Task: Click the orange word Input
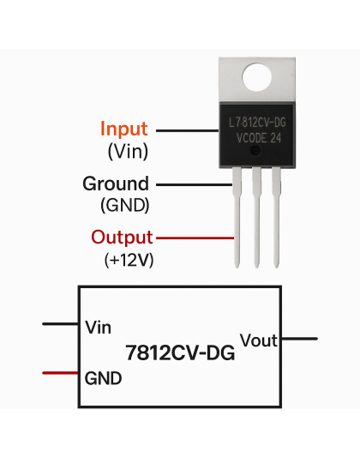point(124,130)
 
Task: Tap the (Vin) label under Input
point(128,152)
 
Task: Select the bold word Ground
point(115,184)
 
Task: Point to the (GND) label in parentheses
point(125,206)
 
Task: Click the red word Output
point(122,237)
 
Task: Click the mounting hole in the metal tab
point(255,80)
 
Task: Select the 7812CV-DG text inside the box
point(180,351)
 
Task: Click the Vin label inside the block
point(99,327)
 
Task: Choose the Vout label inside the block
point(259,340)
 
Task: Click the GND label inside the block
point(103,377)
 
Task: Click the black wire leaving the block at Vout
point(299,339)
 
